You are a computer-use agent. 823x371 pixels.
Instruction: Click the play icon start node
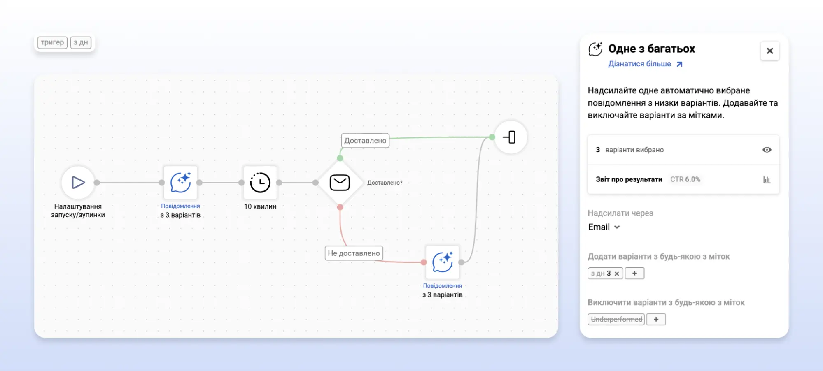pos(78,182)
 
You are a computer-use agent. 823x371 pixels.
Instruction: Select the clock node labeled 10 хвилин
pos(260,182)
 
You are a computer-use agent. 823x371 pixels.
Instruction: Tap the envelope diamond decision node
pos(340,182)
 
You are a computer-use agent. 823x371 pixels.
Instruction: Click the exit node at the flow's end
pos(511,137)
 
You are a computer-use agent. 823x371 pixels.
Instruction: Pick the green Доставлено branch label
pos(365,141)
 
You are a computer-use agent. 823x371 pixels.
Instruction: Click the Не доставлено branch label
pos(354,253)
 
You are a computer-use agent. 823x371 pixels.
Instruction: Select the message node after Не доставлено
pos(443,262)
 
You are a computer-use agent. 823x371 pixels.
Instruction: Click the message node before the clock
pos(180,182)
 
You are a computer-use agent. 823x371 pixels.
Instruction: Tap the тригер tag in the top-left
pos(52,42)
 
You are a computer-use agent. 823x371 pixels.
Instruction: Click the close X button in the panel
pos(770,51)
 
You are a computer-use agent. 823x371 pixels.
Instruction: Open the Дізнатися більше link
pos(645,64)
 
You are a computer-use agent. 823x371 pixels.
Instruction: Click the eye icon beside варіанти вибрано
pos(767,150)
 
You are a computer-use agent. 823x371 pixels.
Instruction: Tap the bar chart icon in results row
pos(767,179)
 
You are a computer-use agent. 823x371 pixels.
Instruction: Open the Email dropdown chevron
pos(617,227)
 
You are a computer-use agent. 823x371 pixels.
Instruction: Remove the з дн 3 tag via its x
pos(617,274)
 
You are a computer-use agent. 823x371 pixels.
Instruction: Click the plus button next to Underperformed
pos(656,319)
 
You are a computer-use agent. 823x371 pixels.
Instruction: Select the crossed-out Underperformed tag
pos(616,319)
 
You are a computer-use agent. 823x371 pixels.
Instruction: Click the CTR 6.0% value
pos(685,179)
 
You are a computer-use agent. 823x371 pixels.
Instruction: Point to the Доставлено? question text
pos(385,183)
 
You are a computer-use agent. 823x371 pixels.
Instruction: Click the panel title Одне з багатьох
pos(651,49)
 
